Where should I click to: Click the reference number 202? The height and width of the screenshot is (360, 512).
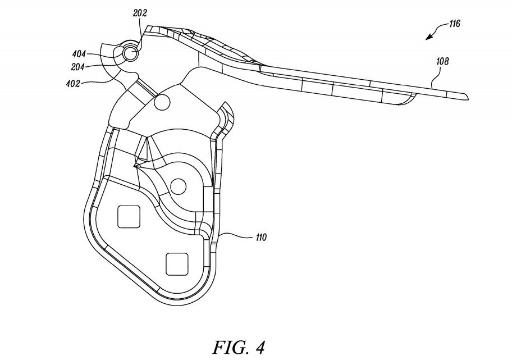click(140, 13)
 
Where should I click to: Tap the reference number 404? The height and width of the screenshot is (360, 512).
click(79, 54)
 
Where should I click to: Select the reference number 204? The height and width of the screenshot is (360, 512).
click(77, 67)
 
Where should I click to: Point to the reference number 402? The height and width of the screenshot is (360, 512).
click(73, 84)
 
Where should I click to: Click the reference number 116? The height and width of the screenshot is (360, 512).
click(454, 24)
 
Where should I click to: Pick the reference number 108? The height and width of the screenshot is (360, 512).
click(442, 61)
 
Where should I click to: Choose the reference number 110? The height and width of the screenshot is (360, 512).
click(261, 237)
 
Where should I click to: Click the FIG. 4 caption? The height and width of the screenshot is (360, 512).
click(239, 347)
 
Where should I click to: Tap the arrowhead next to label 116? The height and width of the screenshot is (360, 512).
click(428, 38)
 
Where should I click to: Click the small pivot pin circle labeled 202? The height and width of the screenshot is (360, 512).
click(130, 52)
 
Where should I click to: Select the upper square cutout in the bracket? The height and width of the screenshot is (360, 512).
click(129, 216)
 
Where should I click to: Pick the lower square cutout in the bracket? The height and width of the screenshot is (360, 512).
click(177, 264)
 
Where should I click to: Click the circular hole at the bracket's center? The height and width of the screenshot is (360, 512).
click(179, 186)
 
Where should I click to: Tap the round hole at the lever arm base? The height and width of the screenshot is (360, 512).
click(162, 102)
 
